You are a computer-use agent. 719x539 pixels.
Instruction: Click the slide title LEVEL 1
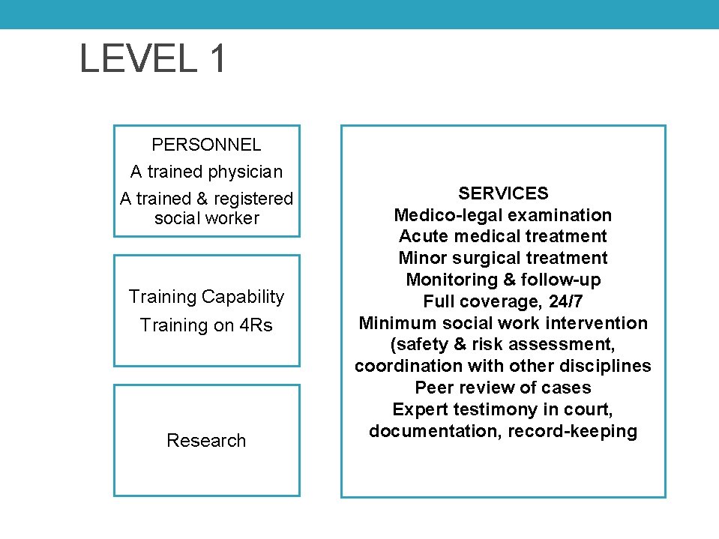[152, 58]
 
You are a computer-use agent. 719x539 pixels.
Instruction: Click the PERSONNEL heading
[206, 145]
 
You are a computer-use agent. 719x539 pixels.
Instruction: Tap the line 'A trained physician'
[206, 172]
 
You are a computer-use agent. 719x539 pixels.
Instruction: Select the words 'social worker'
[206, 218]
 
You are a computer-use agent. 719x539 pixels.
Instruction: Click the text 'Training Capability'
[206, 297]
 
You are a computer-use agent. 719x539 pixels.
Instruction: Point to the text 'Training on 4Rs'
[206, 325]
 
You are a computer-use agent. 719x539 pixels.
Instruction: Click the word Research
[206, 441]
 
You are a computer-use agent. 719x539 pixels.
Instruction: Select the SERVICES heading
[503, 193]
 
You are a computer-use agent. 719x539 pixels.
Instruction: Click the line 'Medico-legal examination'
[503, 215]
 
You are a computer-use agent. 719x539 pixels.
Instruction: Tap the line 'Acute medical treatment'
[503, 237]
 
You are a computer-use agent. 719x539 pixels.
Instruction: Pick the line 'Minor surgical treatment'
[503, 259]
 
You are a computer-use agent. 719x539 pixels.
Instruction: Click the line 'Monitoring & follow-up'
[503, 280]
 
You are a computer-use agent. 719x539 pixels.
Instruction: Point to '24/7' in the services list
[565, 302]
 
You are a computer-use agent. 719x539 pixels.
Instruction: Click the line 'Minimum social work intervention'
[503, 323]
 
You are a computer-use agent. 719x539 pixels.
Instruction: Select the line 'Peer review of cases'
[503, 388]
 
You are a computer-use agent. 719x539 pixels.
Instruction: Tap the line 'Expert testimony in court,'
[503, 410]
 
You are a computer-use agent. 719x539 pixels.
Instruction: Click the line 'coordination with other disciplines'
[503, 367]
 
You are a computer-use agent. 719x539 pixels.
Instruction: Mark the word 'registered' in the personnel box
[253, 199]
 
